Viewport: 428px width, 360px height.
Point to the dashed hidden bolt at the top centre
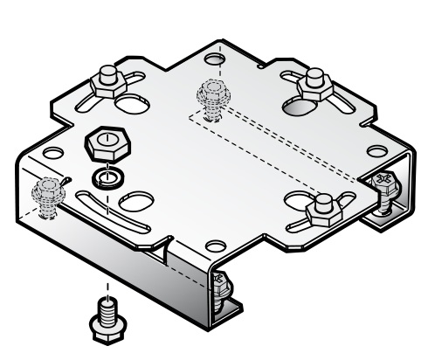point(211,91)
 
